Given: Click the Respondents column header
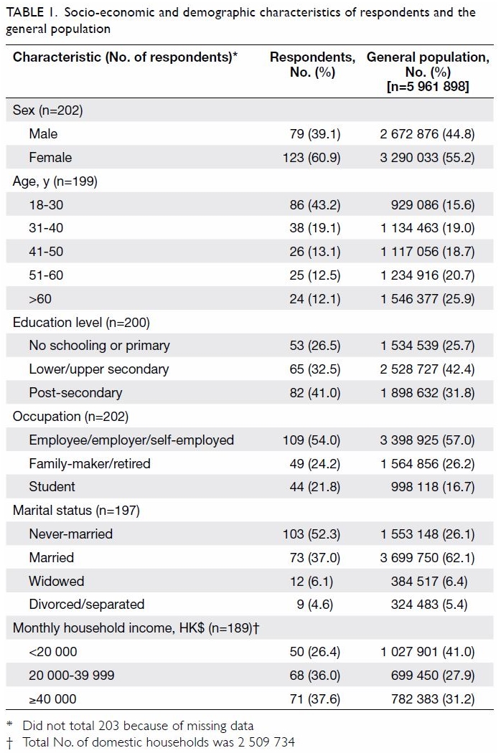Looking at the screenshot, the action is pos(312,65).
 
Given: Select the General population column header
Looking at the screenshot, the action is pos(428,72).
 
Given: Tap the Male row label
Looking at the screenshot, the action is pos(43,133).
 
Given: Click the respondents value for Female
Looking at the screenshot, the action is pos(312,158).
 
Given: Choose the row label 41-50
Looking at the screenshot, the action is pos(46,252).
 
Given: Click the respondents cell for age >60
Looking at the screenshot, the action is pos(315,299).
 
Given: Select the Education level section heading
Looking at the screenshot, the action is pos(81,322).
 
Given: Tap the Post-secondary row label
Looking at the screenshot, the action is pos(75,393).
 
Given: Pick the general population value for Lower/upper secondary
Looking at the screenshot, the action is pos(428,369).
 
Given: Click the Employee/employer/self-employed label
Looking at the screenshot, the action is pos(131,440).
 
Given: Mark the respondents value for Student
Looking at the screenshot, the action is pos(315,487).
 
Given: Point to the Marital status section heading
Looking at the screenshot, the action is pos(77,510).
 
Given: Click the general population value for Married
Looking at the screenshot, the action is pos(428,557).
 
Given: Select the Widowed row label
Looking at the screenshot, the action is pos(56,581).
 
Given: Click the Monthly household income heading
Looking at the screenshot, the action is pos(136,628).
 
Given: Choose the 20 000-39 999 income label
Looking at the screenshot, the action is pos(72,676).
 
